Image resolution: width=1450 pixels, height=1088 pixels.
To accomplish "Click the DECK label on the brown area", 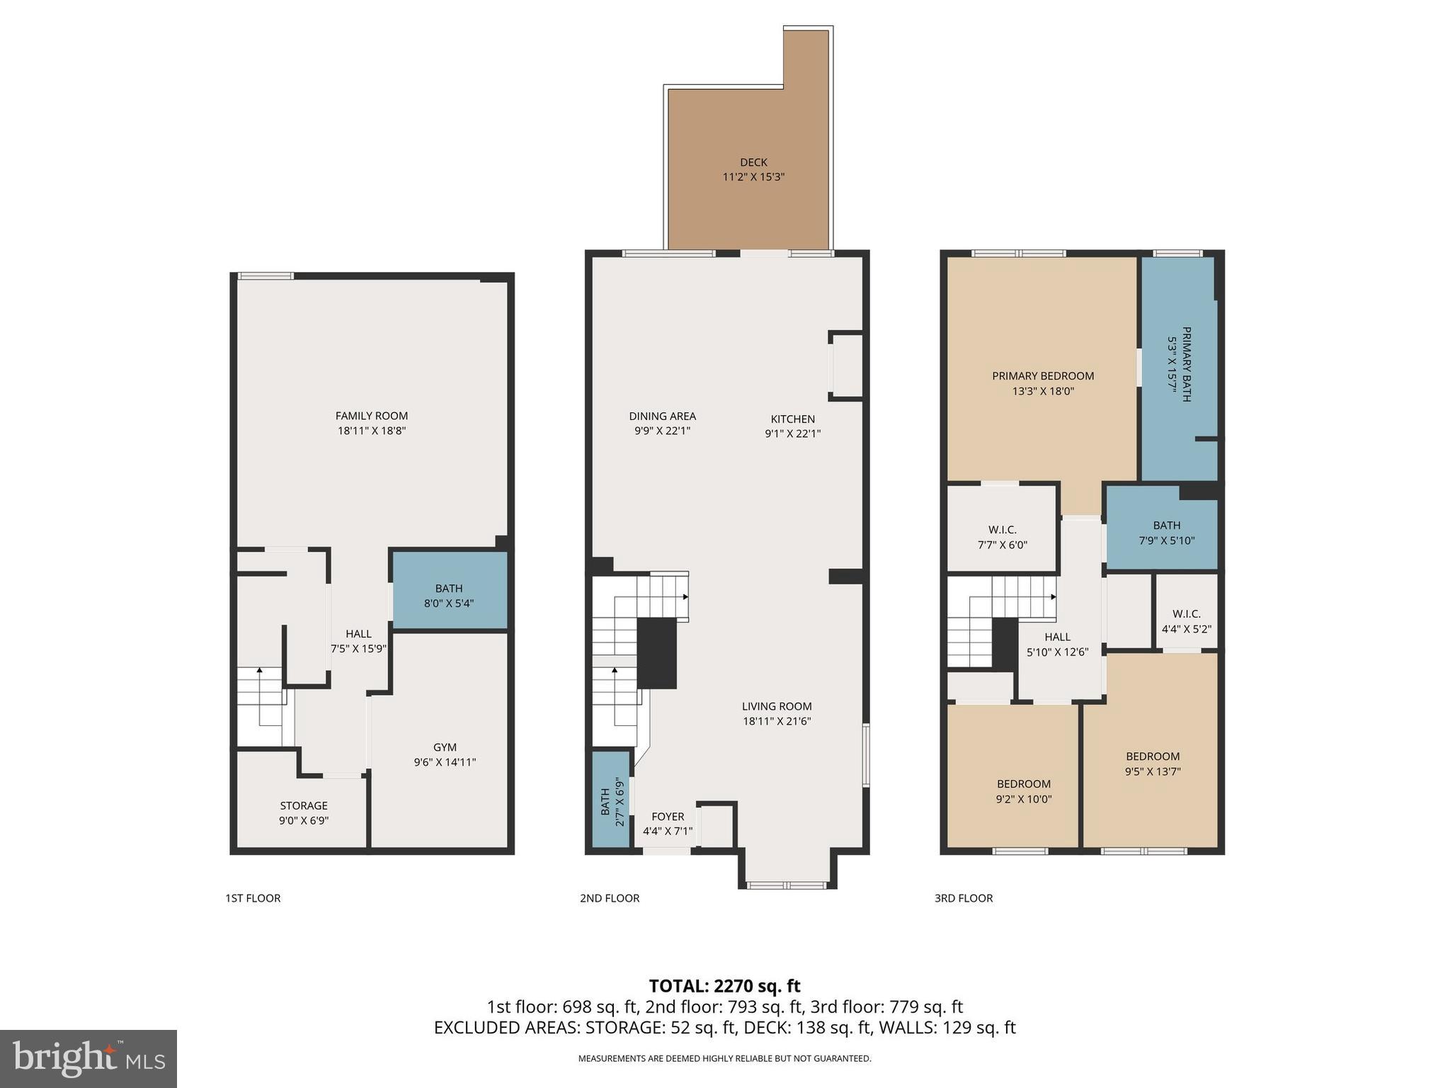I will pyautogui.click(x=753, y=162).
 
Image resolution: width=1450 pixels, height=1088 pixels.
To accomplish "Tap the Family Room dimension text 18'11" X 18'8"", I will pyautogui.click(x=371, y=431).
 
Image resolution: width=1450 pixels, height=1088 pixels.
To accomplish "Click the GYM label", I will pyautogui.click(x=445, y=747).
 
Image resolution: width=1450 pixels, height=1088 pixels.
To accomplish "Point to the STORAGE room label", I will pyautogui.click(x=304, y=805).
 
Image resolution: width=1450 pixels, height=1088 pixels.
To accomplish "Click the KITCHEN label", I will pyautogui.click(x=792, y=419).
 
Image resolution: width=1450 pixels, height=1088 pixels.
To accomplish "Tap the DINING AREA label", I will pyautogui.click(x=662, y=416).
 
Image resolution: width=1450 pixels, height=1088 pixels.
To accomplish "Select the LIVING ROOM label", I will pyautogui.click(x=777, y=706).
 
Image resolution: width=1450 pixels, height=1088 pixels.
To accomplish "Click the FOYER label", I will pyautogui.click(x=668, y=817).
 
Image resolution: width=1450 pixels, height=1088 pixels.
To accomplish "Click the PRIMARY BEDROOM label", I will pyautogui.click(x=1042, y=376).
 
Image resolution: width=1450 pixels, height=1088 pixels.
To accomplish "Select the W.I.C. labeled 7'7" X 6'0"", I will pyautogui.click(x=1002, y=537).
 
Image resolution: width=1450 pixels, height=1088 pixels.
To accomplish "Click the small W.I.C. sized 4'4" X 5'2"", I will pyautogui.click(x=1186, y=621).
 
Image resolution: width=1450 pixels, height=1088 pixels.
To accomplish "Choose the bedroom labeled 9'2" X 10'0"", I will pyautogui.click(x=1023, y=791).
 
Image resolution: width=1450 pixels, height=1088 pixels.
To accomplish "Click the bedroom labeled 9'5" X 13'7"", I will pyautogui.click(x=1153, y=764).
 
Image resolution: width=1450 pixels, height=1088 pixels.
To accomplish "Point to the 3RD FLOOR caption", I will pyautogui.click(x=963, y=898).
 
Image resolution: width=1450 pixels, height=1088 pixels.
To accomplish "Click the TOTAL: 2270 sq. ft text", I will pyautogui.click(x=724, y=986).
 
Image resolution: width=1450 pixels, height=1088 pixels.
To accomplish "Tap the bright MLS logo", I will pyautogui.click(x=89, y=1058).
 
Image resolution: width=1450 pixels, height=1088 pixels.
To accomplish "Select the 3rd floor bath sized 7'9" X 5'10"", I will pyautogui.click(x=1166, y=532).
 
